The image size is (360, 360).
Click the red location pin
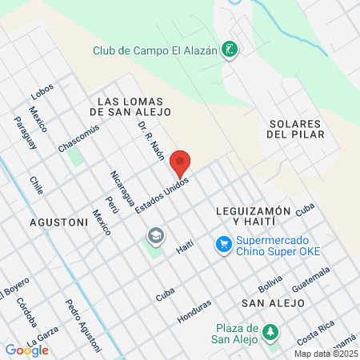(181, 163)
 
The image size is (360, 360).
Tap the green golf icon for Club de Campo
(230, 50)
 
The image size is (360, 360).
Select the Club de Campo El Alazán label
(155, 50)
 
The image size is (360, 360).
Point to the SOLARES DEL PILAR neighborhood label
(294, 130)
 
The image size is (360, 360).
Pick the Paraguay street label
(26, 132)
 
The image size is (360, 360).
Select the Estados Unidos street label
(162, 195)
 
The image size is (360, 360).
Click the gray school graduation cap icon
(155, 236)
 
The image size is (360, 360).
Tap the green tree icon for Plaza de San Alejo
(271, 330)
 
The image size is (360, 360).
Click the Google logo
(26, 350)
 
